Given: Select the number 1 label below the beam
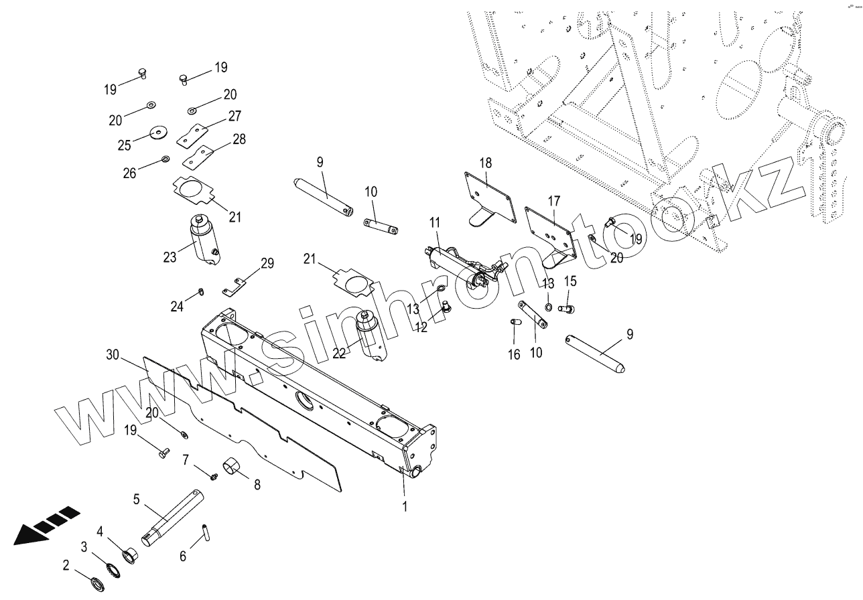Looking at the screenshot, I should click(405, 506).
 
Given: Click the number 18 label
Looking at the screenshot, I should click(486, 163).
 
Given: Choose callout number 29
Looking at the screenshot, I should click(267, 265).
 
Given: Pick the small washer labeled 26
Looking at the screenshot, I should click(164, 159).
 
